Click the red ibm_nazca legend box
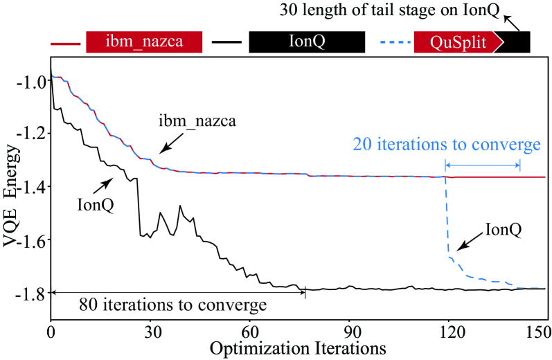click(x=143, y=42)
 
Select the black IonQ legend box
click(x=307, y=42)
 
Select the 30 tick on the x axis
click(x=150, y=331)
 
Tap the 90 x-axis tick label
click(x=350, y=331)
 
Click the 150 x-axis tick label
click(x=537, y=331)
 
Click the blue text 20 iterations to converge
click(x=446, y=145)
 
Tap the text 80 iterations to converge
click(x=172, y=305)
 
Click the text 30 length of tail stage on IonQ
click(x=377, y=11)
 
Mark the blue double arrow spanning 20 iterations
click(x=482, y=164)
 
